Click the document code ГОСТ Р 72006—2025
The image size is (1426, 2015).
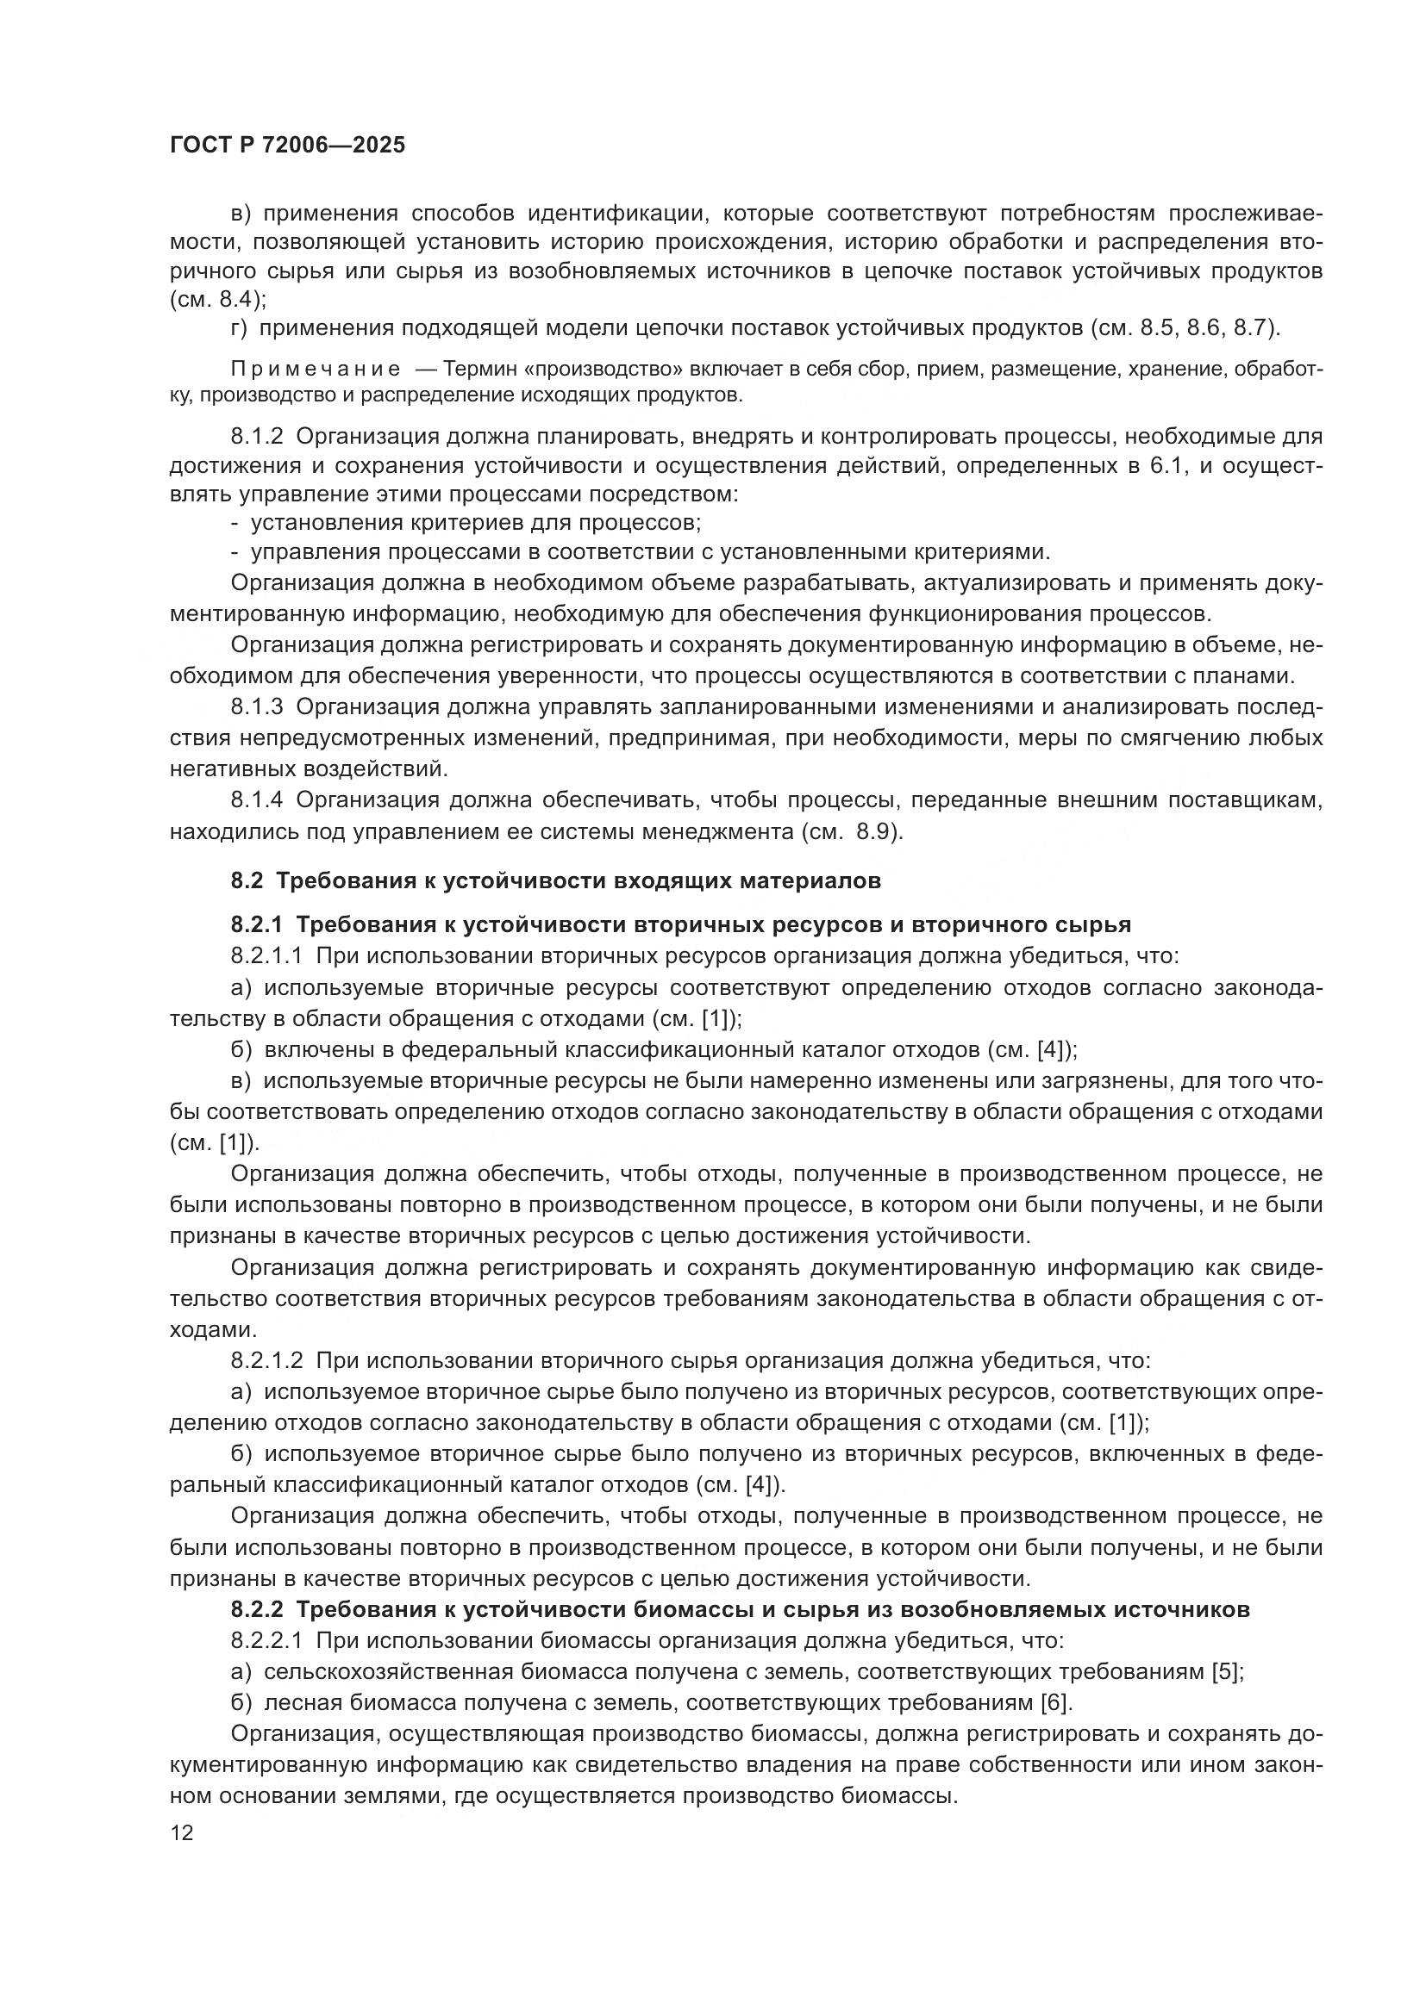click(x=287, y=145)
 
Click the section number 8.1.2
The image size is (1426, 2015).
click(x=256, y=436)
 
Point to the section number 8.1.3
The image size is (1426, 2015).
click(x=256, y=707)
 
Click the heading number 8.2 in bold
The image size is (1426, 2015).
click(x=247, y=881)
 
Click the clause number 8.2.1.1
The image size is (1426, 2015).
click(x=266, y=955)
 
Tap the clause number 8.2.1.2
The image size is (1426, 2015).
click(x=266, y=1361)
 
